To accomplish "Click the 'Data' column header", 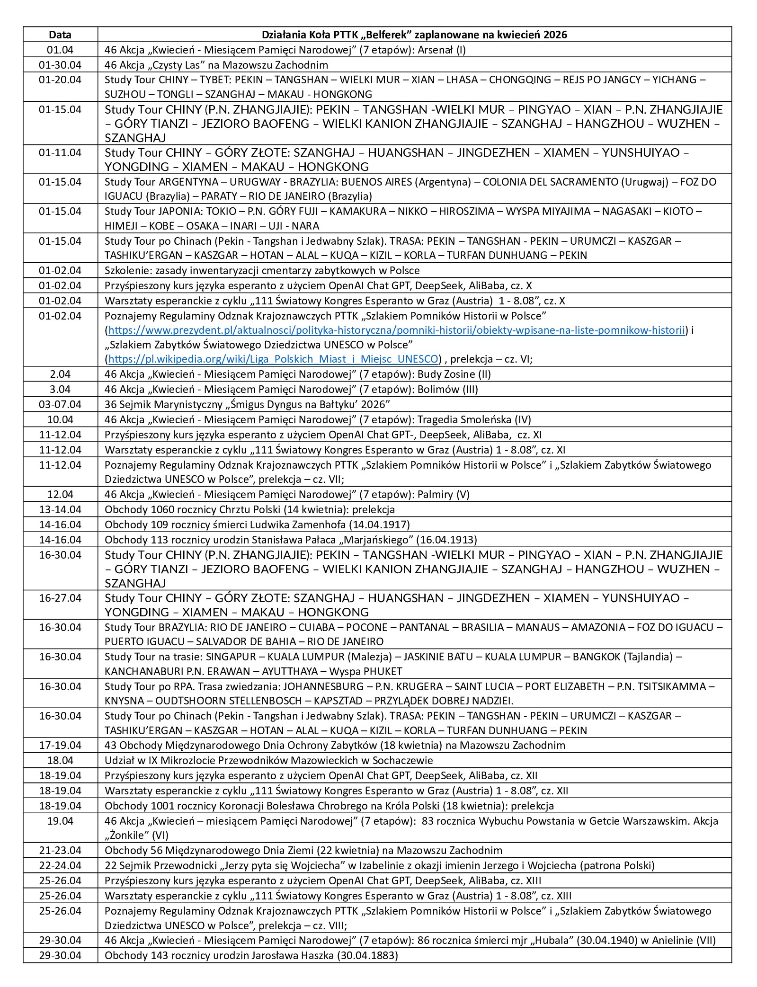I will click(x=60, y=35).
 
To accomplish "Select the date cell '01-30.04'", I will click(x=60, y=65).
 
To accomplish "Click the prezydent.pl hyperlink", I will click(x=396, y=330).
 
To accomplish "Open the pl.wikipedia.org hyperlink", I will click(x=273, y=359).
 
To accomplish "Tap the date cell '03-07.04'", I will click(x=60, y=404).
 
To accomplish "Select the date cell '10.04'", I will click(x=60, y=419).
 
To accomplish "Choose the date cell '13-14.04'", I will click(x=60, y=509).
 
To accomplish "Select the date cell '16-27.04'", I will click(x=60, y=598).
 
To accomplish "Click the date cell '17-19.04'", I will click(x=60, y=745).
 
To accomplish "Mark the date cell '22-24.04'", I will click(x=60, y=865).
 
